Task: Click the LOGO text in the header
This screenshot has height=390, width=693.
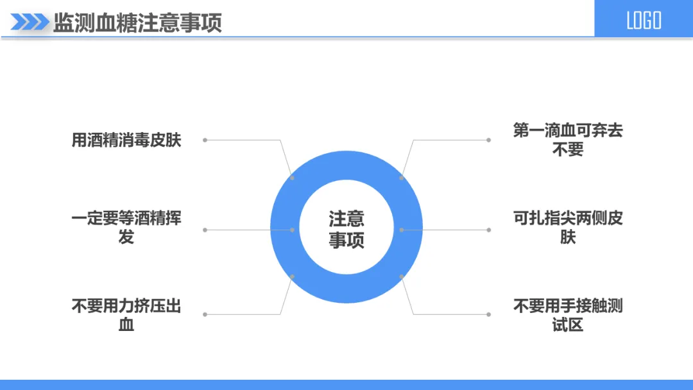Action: pyautogui.click(x=644, y=21)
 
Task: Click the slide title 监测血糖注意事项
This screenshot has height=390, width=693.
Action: pyautogui.click(x=137, y=22)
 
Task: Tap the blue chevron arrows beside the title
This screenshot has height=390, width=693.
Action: pyautogui.click(x=30, y=22)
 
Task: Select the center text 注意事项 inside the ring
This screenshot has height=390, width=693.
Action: pyautogui.click(x=346, y=229)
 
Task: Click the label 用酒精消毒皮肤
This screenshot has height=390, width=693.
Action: pyautogui.click(x=126, y=140)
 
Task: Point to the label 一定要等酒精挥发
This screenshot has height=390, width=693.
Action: pyautogui.click(x=126, y=227)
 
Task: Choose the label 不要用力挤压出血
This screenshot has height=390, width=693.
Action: pyautogui.click(x=126, y=315)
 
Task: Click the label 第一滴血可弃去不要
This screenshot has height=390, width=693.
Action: pyautogui.click(x=568, y=140)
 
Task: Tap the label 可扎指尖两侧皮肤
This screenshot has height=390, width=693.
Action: pyautogui.click(x=568, y=227)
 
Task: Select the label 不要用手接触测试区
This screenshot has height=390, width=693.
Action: pyautogui.click(x=568, y=315)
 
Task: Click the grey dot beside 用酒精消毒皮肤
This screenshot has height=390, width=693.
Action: pyautogui.click(x=205, y=140)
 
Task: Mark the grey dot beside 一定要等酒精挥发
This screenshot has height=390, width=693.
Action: pyautogui.click(x=205, y=230)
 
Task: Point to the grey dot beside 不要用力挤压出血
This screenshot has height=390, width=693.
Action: pyautogui.click(x=205, y=314)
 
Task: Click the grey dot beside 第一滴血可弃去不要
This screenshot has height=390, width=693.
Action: pyautogui.click(x=488, y=140)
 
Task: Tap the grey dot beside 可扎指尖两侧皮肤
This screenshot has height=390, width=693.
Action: pyautogui.click(x=488, y=230)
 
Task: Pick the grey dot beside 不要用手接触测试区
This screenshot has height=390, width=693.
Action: pyautogui.click(x=488, y=314)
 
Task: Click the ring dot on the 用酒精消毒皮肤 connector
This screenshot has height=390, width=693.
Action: pyautogui.click(x=293, y=178)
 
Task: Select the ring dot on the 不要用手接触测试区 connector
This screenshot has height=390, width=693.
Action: pyautogui.click(x=402, y=276)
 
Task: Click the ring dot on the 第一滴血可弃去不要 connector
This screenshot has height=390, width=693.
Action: pyautogui.click(x=402, y=178)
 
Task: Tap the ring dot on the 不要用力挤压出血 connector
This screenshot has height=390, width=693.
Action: pyautogui.click(x=293, y=276)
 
